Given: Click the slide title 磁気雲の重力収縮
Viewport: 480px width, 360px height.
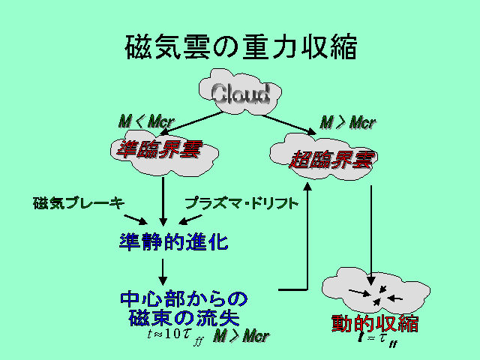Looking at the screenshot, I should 240,47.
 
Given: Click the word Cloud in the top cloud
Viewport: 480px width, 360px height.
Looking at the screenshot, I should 240,94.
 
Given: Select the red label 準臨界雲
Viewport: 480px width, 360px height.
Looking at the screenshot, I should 160,150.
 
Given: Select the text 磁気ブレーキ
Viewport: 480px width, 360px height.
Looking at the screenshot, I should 78,203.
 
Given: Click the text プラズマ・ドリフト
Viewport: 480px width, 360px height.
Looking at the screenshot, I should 241,203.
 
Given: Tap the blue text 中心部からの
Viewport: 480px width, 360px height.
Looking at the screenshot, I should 184,298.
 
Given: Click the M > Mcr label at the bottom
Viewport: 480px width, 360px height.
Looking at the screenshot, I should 241,335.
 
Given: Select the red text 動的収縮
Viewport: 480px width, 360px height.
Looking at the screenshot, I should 374,324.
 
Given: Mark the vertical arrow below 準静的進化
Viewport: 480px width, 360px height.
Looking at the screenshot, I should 163,269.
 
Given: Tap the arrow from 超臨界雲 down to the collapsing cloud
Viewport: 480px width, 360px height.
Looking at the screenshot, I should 373,225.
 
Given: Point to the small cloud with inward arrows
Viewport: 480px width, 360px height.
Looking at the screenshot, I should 374,292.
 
